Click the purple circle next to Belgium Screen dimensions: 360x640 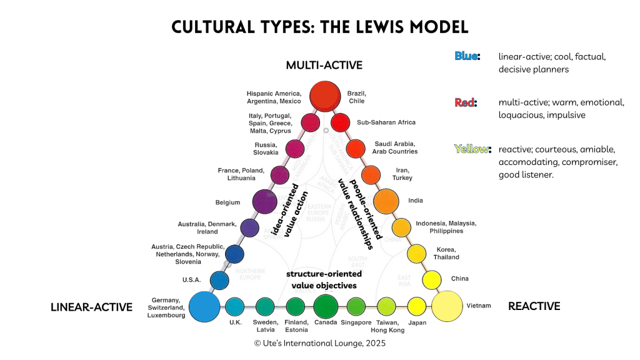[x=264, y=201]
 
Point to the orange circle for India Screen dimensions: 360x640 [x=386, y=201]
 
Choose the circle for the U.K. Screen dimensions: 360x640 [x=234, y=306]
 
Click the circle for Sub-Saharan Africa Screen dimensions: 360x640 [x=341, y=122]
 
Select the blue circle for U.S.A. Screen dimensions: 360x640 [x=219, y=281]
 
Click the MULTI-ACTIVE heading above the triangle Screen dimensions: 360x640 [x=324, y=65]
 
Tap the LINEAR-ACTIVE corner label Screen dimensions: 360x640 [x=91, y=307]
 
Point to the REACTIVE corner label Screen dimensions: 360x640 [x=534, y=306]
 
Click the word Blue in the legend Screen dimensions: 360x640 [x=467, y=56]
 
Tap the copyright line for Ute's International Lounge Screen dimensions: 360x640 [x=319, y=343]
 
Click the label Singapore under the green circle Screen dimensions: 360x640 [x=356, y=322]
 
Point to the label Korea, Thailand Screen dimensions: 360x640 [x=446, y=253]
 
